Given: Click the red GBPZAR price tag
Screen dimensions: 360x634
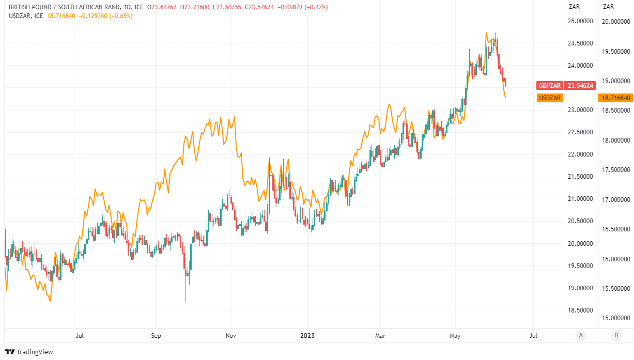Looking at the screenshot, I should (550, 86).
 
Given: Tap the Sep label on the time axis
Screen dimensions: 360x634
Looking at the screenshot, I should (156, 336).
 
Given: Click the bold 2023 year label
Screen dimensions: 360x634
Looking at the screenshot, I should (307, 336).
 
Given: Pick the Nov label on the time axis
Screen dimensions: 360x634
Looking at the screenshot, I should (231, 336).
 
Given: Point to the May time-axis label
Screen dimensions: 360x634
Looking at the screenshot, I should (455, 336).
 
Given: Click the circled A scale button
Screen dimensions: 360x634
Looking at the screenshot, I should (581, 336).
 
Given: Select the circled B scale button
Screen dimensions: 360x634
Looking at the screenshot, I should (616, 336).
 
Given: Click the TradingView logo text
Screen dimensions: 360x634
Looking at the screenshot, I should (35, 352).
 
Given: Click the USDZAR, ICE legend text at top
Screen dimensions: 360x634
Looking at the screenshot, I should (24, 16).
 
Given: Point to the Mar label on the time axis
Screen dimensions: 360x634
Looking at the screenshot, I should (380, 336).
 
